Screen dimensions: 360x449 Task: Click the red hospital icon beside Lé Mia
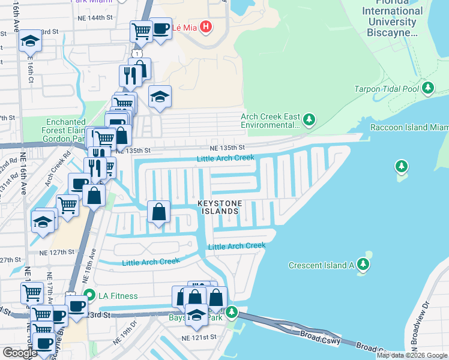(x=206, y=27)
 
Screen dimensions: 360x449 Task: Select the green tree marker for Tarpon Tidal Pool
(x=427, y=89)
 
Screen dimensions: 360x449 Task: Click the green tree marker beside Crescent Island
(x=363, y=265)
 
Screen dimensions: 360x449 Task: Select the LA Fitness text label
(x=118, y=296)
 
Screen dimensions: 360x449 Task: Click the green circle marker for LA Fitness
(x=89, y=295)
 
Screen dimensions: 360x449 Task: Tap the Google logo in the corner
(x=20, y=353)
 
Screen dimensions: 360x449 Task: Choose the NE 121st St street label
(x=199, y=338)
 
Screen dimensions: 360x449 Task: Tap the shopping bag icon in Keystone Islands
(x=158, y=212)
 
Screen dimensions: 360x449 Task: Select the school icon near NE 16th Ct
(x=29, y=41)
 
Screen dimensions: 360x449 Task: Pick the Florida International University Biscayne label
(x=392, y=22)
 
